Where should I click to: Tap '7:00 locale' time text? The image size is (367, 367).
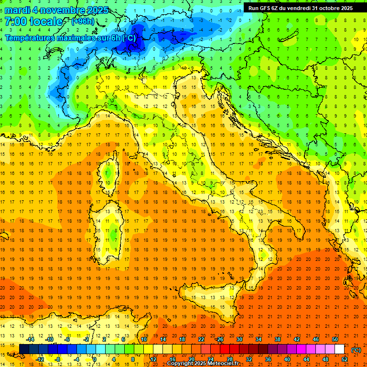coord(33,22)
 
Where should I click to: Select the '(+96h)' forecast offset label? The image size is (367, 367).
coord(82,22)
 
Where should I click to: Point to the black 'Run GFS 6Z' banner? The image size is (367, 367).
coord(300,8)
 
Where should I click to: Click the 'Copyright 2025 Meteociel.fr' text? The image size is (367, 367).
coord(203,364)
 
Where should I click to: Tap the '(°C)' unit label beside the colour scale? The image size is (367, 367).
coord(356,350)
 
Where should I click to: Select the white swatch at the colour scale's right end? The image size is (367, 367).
coord(340,349)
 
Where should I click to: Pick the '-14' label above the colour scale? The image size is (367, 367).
coord(31,339)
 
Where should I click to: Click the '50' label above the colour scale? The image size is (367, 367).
coord(335,339)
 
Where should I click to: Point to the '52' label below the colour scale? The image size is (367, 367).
coord(345,359)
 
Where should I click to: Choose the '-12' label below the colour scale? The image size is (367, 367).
coord(40,359)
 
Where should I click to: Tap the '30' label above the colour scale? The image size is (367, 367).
coord(239,339)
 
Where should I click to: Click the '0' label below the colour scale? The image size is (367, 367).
coord(95,359)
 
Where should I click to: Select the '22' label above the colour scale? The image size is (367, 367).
coord(201,339)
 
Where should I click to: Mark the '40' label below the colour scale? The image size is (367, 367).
coord(287,359)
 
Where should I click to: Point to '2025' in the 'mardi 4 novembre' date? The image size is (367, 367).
coord(96,10)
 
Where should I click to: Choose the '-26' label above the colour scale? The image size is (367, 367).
coord(219,339)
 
